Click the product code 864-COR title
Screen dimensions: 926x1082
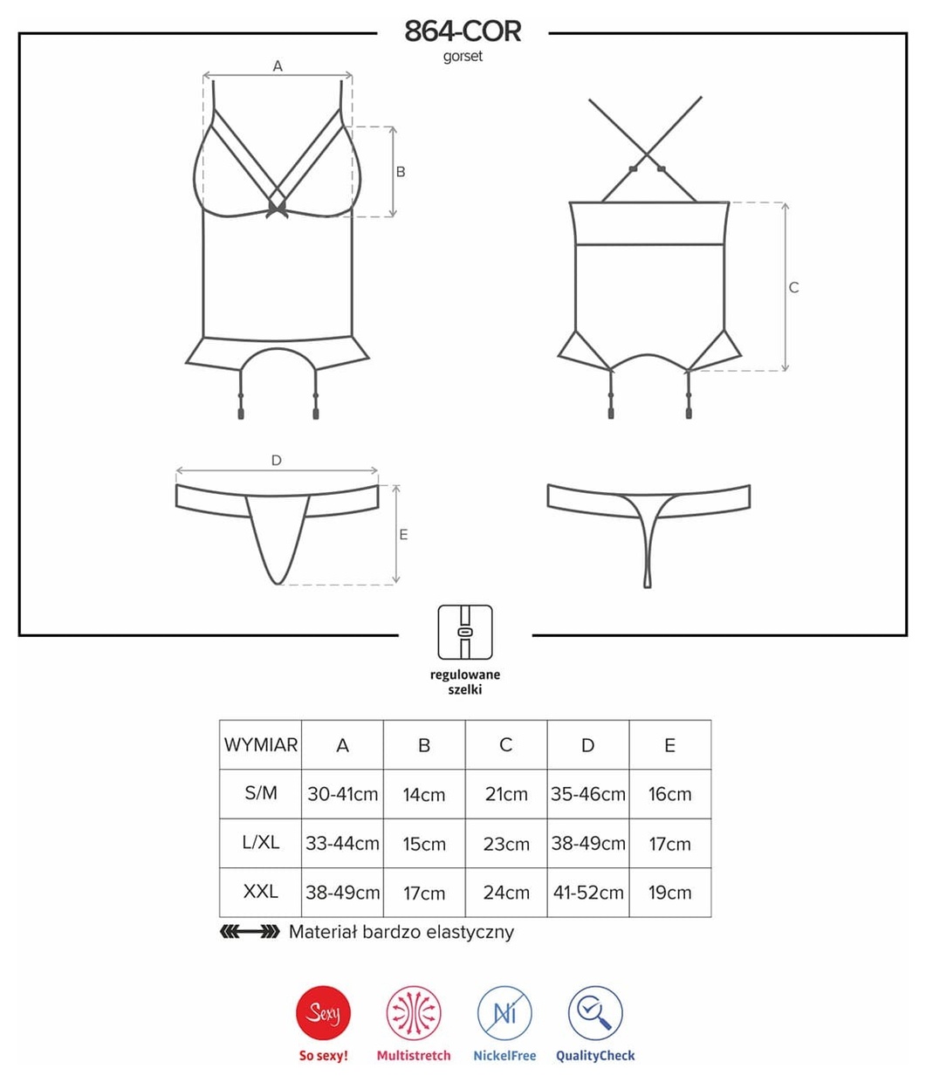(463, 31)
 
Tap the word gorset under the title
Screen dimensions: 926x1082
(463, 56)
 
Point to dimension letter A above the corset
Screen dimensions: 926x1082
(278, 66)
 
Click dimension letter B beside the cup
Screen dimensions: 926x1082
(401, 172)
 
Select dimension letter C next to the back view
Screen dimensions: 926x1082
(793, 287)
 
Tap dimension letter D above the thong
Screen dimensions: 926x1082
(277, 460)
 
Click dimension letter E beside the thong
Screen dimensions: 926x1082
(403, 535)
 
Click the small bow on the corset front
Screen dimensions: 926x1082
(277, 209)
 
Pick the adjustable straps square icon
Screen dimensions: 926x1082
(465, 632)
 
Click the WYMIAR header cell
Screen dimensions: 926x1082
(261, 744)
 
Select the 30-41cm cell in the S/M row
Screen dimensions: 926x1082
(342, 793)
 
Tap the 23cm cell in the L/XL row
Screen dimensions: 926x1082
(506, 843)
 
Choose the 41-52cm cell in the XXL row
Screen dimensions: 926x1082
(588, 893)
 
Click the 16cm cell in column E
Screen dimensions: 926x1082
(670, 793)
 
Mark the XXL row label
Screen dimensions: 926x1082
(261, 891)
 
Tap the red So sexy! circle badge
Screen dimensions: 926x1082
(323, 1013)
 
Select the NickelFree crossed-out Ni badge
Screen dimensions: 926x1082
(504, 1013)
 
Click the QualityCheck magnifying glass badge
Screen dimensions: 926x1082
(595, 1013)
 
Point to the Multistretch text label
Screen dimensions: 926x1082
(414, 1055)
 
